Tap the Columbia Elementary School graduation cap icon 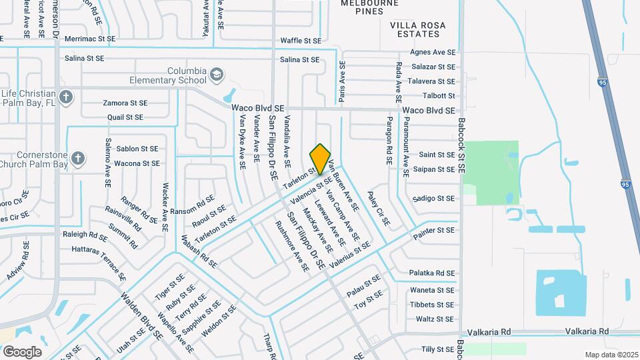coord(216,74)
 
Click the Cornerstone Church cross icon coord(78,159)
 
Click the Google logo coord(22,351)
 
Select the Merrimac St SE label coord(89,39)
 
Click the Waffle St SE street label coord(301,41)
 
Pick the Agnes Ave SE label coord(433,52)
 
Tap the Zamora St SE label coord(125,103)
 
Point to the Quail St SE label coord(125,117)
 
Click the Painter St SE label coord(433,230)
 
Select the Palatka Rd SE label coord(431,273)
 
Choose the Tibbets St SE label coord(433,304)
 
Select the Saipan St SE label coord(433,169)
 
